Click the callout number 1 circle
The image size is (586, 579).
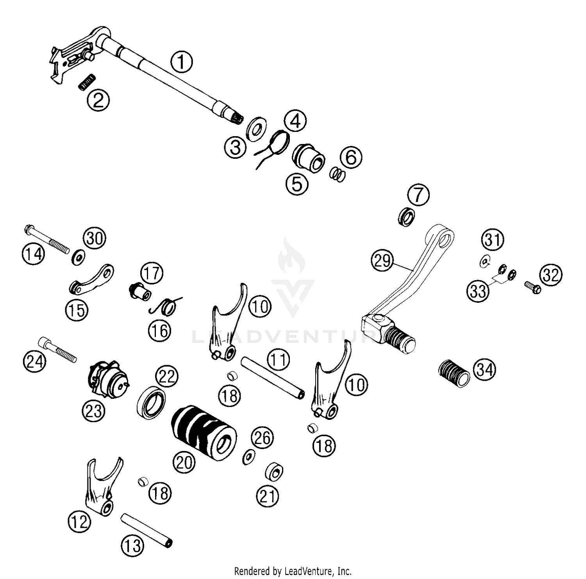click(181, 62)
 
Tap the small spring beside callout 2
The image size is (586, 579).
click(87, 83)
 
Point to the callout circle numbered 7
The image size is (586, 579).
click(418, 195)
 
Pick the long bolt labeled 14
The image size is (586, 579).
click(47, 238)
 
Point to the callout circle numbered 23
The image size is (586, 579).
click(93, 410)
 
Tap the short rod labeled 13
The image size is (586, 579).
click(146, 531)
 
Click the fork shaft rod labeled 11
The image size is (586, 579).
click(272, 377)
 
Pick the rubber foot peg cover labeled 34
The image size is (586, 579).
click(453, 374)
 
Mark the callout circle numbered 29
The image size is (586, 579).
click(382, 260)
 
